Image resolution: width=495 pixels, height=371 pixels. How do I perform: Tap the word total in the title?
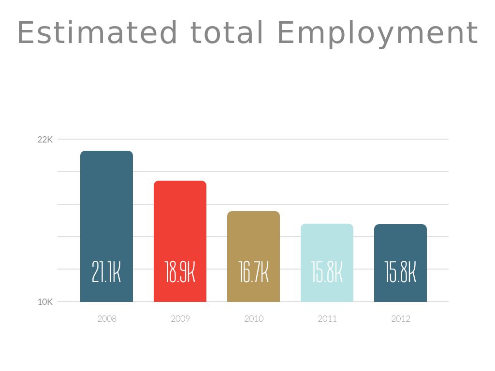[227, 33]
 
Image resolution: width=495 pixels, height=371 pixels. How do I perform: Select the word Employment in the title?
[378, 34]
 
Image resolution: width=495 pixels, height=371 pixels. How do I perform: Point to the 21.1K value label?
[106, 272]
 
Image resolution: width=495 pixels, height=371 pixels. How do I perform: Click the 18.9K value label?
[180, 272]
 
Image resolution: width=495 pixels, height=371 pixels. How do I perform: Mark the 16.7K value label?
[253, 272]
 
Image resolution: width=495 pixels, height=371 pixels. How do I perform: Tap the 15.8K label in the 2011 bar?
[327, 272]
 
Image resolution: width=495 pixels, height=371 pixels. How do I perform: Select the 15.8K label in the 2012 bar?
[400, 272]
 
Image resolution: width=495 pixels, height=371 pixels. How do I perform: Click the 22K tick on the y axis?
[45, 140]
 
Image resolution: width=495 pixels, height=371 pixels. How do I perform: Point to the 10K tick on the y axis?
[45, 302]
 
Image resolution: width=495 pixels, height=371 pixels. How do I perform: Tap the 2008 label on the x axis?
[107, 319]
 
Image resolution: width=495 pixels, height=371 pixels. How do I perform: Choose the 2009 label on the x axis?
[180, 319]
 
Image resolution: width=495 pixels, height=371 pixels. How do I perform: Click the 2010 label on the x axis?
[254, 319]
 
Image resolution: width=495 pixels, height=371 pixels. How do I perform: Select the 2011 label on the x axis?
[327, 319]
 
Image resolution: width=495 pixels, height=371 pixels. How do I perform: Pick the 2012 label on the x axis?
[401, 319]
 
